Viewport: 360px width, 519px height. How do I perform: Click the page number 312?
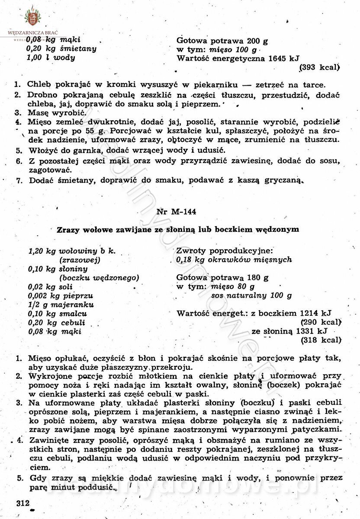coord(21,503)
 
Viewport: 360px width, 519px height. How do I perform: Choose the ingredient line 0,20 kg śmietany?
coord(61,48)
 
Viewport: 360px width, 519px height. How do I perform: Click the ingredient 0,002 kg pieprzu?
coord(61,296)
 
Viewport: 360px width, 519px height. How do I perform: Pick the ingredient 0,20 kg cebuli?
coord(56,323)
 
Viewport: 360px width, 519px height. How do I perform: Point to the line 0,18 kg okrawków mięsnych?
coord(234,260)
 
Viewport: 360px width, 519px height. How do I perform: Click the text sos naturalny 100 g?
coord(251,296)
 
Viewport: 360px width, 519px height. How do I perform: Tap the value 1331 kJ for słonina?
coord(312,332)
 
